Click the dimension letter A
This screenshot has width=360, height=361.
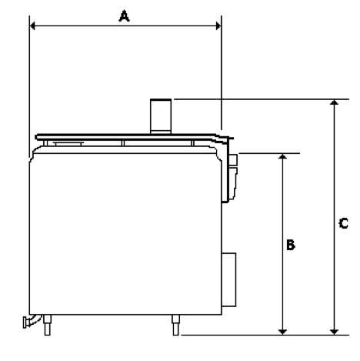124,16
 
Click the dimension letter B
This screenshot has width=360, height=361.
291,245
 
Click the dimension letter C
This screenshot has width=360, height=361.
343,223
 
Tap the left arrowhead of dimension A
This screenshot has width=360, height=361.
32,26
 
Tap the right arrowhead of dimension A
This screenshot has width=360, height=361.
218,26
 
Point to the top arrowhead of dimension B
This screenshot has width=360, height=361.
282,156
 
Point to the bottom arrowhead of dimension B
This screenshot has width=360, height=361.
282,332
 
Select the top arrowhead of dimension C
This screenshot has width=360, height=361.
334,102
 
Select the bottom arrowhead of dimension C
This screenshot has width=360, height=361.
334,332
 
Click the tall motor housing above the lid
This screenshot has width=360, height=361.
161,116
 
